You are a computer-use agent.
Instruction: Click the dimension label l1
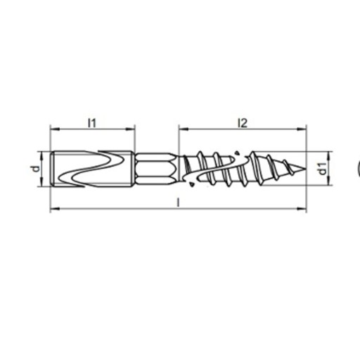click(92, 123)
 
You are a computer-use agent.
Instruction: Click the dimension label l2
click(243, 123)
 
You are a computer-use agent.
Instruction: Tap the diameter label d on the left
click(36, 168)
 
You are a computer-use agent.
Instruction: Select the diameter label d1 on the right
click(323, 169)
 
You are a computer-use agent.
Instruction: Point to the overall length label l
click(178, 202)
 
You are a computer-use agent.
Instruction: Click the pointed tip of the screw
click(305, 169)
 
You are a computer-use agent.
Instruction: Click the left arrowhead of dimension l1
click(54, 129)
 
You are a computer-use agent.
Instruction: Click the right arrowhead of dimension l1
click(130, 129)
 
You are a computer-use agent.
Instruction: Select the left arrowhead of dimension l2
click(184, 129)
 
